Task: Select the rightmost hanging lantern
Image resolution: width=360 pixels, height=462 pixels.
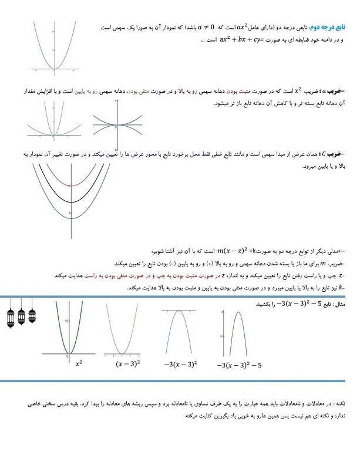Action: click(x=31, y=318)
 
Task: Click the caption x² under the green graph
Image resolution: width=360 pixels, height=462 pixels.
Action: click(x=79, y=364)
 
